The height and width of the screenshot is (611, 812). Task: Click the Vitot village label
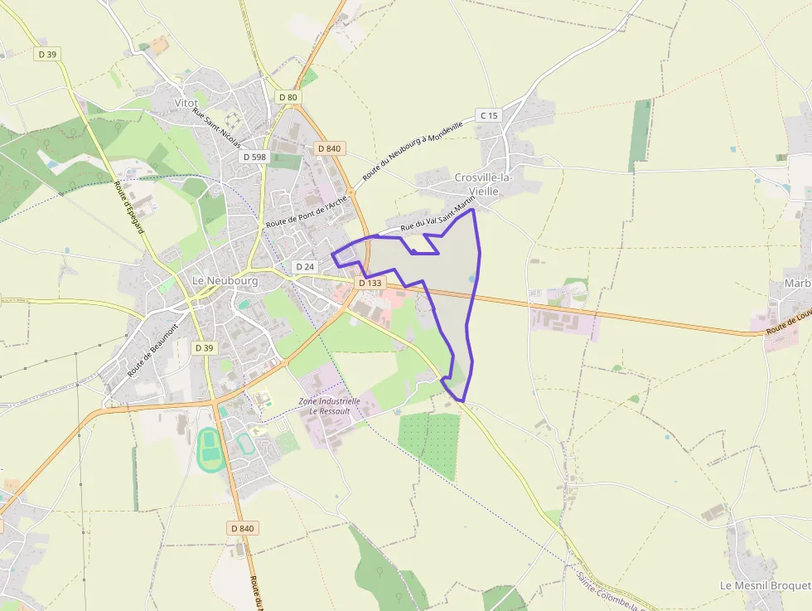[x=186, y=103]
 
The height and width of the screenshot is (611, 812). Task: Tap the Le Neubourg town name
[x=225, y=281]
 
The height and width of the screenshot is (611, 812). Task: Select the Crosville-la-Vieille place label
[x=484, y=183]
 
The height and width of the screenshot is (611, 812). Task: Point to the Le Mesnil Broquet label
[x=764, y=585]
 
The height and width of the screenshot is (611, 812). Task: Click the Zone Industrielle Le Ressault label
[x=329, y=406]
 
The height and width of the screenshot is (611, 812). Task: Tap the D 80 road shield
[x=288, y=97]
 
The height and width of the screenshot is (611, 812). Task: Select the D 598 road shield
[x=254, y=156]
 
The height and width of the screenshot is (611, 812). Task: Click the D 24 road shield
[x=305, y=267]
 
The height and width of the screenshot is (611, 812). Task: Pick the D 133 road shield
[x=370, y=283]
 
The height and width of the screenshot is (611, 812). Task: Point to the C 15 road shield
[x=488, y=115]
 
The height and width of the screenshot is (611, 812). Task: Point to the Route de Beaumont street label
[x=153, y=351]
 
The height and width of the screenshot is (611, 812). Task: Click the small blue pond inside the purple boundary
[x=472, y=279]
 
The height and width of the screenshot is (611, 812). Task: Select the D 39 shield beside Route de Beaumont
[x=204, y=347]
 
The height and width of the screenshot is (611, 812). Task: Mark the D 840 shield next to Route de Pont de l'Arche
[x=329, y=148]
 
